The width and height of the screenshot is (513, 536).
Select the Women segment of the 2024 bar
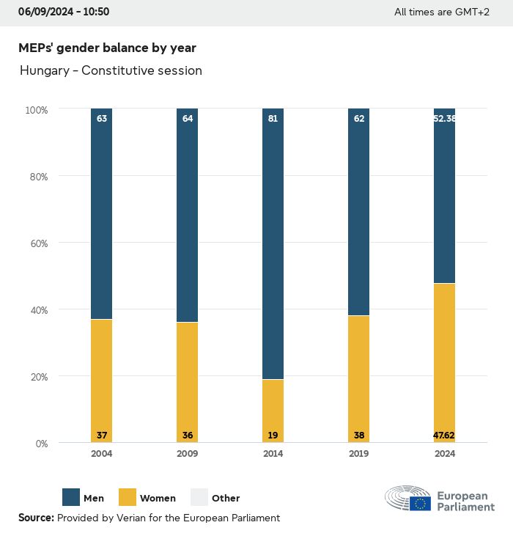(x=444, y=363)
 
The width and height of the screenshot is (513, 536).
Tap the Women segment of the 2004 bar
(x=101, y=381)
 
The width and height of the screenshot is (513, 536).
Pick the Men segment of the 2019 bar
(x=358, y=212)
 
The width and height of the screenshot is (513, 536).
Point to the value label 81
(x=273, y=117)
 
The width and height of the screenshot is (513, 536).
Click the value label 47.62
(x=444, y=436)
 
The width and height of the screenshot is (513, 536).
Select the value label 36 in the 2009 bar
(x=187, y=436)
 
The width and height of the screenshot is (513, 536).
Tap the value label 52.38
(x=444, y=117)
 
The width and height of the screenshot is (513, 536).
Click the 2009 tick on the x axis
(x=187, y=454)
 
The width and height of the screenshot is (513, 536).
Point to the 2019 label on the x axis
(x=358, y=454)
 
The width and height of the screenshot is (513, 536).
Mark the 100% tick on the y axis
(x=37, y=110)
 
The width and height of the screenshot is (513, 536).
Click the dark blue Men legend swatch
(x=72, y=498)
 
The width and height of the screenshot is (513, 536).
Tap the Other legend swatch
(x=199, y=498)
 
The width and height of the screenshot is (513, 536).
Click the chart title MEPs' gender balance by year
(x=107, y=48)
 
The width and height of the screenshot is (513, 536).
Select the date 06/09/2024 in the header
(x=48, y=12)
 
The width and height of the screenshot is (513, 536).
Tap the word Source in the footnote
(x=36, y=518)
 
